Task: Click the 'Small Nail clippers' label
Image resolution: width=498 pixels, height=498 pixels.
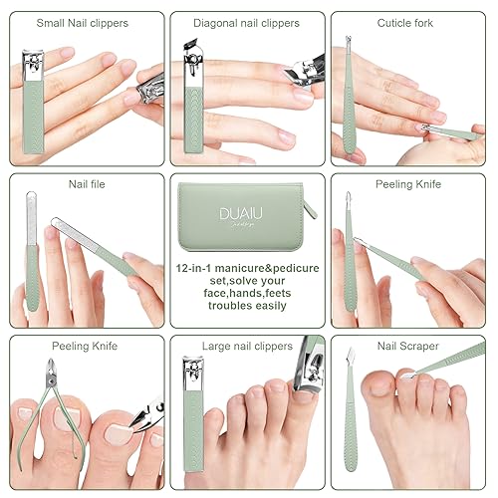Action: pos(83,22)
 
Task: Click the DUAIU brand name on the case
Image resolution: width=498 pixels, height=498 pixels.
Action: pos(243,212)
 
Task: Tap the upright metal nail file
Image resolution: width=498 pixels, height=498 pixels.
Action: pos(31,249)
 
